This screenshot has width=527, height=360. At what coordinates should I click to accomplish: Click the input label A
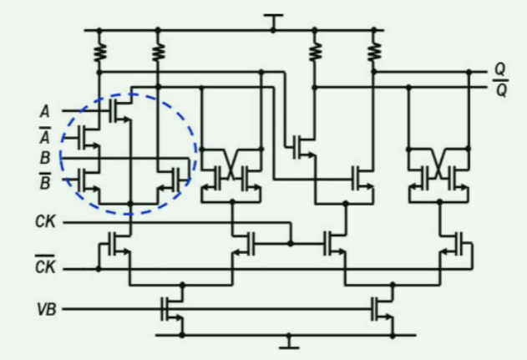[x=44, y=109]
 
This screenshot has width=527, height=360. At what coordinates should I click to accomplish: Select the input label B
[x=44, y=155]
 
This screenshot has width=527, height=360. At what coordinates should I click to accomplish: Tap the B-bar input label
[x=44, y=178]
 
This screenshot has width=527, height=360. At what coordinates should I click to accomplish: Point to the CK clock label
[x=46, y=223]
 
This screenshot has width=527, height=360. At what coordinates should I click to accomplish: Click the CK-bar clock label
[x=46, y=267]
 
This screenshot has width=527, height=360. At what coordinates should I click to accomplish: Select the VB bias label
[x=47, y=309]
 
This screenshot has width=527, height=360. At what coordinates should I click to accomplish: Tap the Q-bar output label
[x=500, y=89]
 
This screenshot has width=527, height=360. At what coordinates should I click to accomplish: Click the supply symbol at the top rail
[x=272, y=20]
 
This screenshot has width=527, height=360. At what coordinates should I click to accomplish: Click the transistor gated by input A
[x=122, y=110]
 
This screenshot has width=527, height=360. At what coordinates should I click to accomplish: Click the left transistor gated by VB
[x=174, y=309]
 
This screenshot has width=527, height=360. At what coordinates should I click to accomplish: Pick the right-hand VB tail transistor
[x=384, y=309]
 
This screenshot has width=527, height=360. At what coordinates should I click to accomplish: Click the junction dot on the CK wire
[x=290, y=244]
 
